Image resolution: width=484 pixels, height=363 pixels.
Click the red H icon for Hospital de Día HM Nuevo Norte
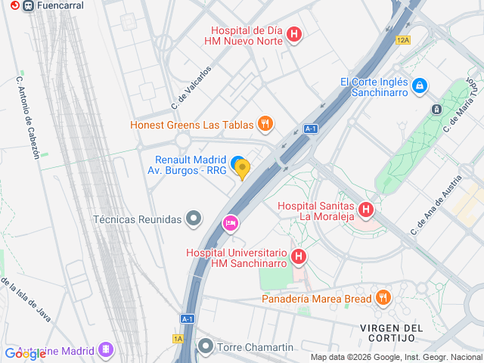point(294,35)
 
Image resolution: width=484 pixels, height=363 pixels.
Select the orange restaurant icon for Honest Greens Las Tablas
point(265,124)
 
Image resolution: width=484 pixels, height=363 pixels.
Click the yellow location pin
point(242,169)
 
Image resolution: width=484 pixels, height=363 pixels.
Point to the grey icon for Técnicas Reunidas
point(194,219)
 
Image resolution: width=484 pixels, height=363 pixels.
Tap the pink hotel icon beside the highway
point(230,223)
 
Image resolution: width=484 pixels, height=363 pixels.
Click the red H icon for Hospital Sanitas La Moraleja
point(366,209)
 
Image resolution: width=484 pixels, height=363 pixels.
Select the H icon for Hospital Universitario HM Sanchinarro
point(299,257)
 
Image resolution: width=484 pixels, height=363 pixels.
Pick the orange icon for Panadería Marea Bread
point(383,298)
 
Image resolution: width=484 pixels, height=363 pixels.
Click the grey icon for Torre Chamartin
point(205,346)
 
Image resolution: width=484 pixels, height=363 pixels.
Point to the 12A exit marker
point(402,39)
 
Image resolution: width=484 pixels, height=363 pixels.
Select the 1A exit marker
point(178,338)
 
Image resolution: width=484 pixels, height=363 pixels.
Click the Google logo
point(25,352)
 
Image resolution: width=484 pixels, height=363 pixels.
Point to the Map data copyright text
point(396,357)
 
